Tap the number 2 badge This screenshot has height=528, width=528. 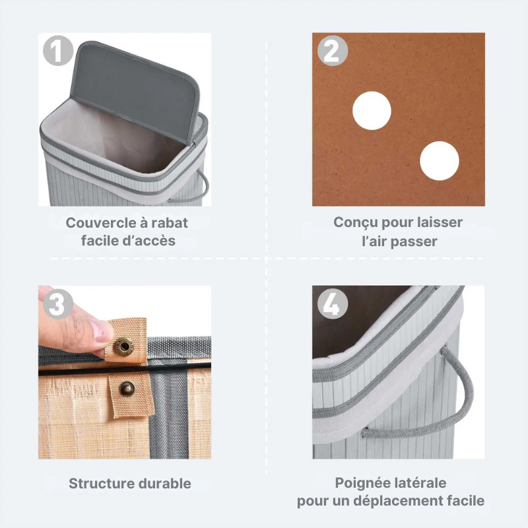332,51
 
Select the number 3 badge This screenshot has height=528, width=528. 57,304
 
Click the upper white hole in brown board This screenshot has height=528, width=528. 372,110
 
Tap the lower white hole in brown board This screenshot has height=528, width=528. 439,161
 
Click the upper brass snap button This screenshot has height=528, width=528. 122,345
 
